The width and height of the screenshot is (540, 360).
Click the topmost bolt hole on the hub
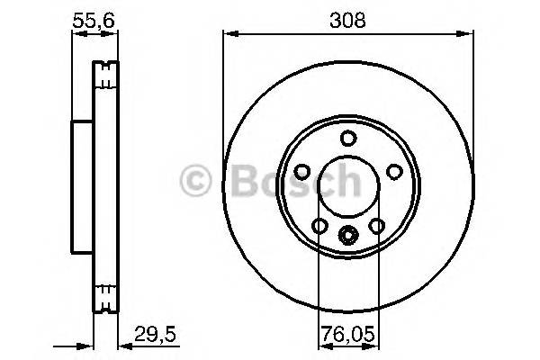(x=347, y=138)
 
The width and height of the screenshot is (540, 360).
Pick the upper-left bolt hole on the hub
(x=302, y=170)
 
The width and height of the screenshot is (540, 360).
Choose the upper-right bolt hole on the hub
(x=392, y=170)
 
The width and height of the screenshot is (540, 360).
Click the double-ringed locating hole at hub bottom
(x=347, y=235)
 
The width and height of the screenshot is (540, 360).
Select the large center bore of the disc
(x=347, y=186)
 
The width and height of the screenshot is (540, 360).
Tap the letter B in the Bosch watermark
(x=233, y=180)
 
